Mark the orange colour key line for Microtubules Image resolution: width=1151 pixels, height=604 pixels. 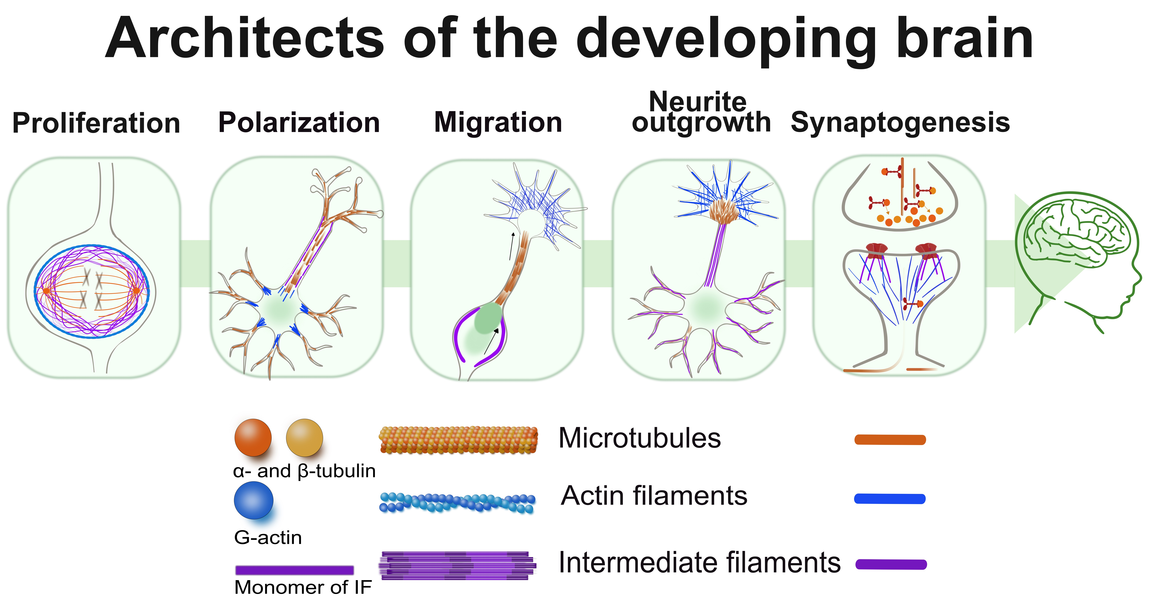[890, 440]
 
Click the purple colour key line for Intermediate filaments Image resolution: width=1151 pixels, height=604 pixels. [891, 564]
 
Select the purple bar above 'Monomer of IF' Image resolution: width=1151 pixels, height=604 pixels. [294, 570]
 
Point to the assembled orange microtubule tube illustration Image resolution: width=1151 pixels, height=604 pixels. [458, 440]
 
